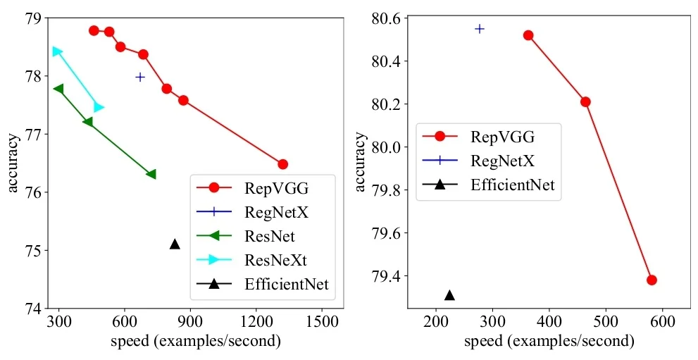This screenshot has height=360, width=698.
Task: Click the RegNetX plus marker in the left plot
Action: [140, 77]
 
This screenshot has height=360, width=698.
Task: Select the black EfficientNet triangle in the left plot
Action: [175, 244]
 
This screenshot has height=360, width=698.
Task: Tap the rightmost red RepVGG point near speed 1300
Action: [283, 164]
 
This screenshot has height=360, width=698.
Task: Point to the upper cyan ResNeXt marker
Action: [57, 51]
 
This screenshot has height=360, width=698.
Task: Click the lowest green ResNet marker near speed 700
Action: [151, 174]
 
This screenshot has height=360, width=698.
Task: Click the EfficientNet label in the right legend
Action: [513, 185]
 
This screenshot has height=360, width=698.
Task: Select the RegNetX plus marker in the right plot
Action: [480, 29]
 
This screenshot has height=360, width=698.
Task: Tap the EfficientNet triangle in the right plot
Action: [449, 295]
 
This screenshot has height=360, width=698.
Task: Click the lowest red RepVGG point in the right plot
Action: [652, 280]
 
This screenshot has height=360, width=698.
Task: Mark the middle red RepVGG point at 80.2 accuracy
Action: [585, 101]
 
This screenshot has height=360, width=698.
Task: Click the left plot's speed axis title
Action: [196, 342]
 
